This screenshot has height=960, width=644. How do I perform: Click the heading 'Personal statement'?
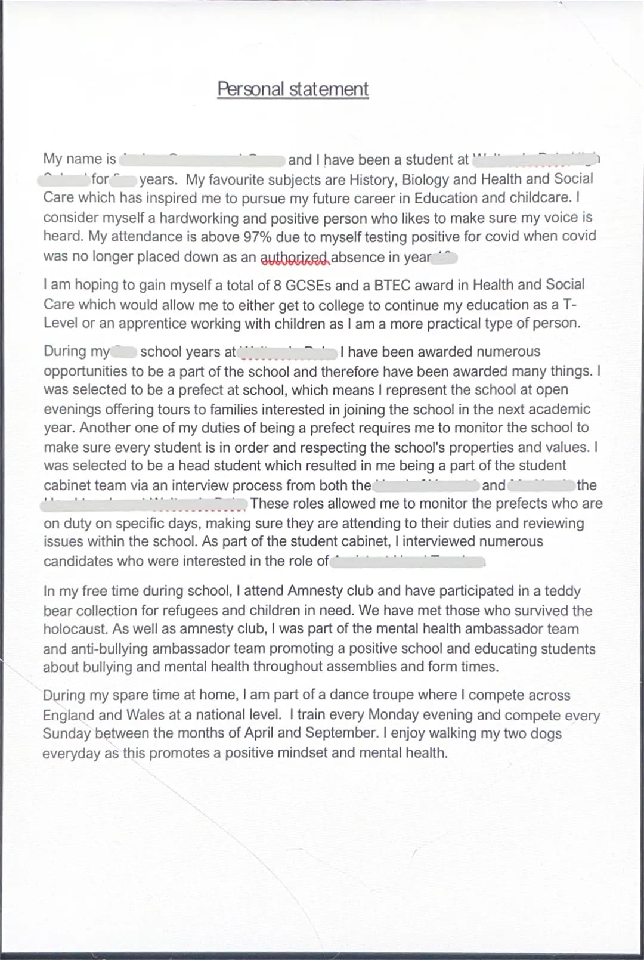coord(293,89)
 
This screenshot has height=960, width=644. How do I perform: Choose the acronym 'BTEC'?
coord(392,285)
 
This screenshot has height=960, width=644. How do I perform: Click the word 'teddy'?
coord(562,591)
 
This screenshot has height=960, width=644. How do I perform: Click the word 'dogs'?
coord(546,733)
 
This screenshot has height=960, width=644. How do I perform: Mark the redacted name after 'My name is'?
coord(203,160)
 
